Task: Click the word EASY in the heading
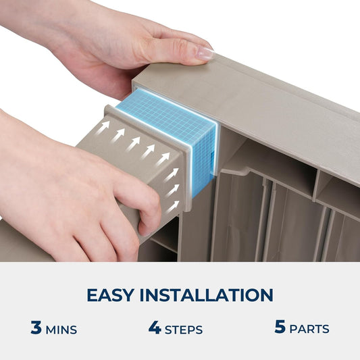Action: (x=111, y=294)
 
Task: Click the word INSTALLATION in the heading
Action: (x=207, y=294)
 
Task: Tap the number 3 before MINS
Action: (x=36, y=327)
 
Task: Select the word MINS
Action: (x=61, y=330)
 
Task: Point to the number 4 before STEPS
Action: (x=155, y=327)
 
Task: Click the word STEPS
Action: (x=184, y=330)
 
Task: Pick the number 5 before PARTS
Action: (x=280, y=326)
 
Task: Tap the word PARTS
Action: (x=309, y=329)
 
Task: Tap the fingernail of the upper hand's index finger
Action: (x=205, y=54)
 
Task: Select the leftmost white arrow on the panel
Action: (x=103, y=128)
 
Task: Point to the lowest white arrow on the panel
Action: (x=173, y=207)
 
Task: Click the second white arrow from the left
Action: (x=118, y=136)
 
